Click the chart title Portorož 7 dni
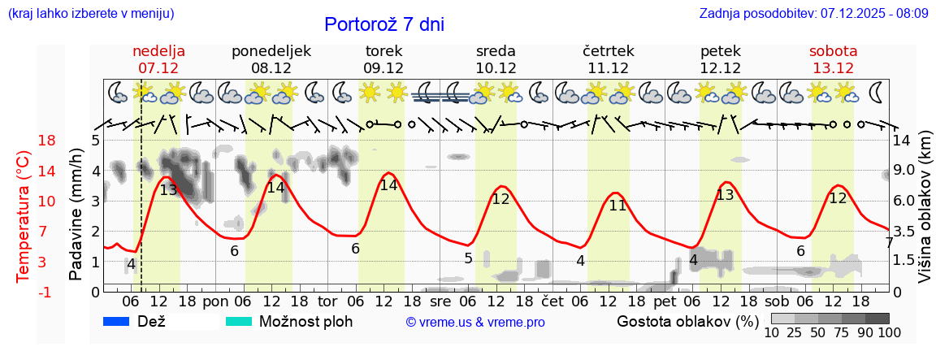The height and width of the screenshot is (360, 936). tap(383, 24)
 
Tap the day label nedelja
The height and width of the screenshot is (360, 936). tap(158, 50)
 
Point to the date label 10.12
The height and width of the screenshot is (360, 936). tap(496, 68)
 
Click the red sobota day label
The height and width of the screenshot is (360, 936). tap(833, 50)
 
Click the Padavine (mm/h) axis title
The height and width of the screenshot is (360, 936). tap(76, 215)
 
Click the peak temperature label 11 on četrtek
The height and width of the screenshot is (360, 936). tap(617, 206)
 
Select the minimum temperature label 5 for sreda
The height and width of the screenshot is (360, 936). tap(468, 258)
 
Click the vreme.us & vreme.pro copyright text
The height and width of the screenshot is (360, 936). tap(475, 323)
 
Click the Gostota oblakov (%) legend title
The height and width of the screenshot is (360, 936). tap(685, 321)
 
